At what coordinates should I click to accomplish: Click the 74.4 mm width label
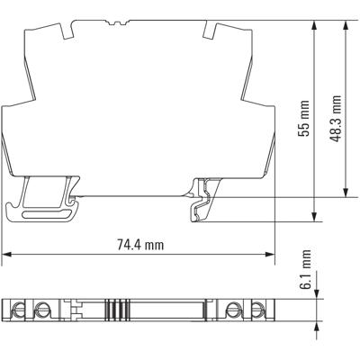pos(140,244)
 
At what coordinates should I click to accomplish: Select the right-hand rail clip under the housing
pos(203,200)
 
